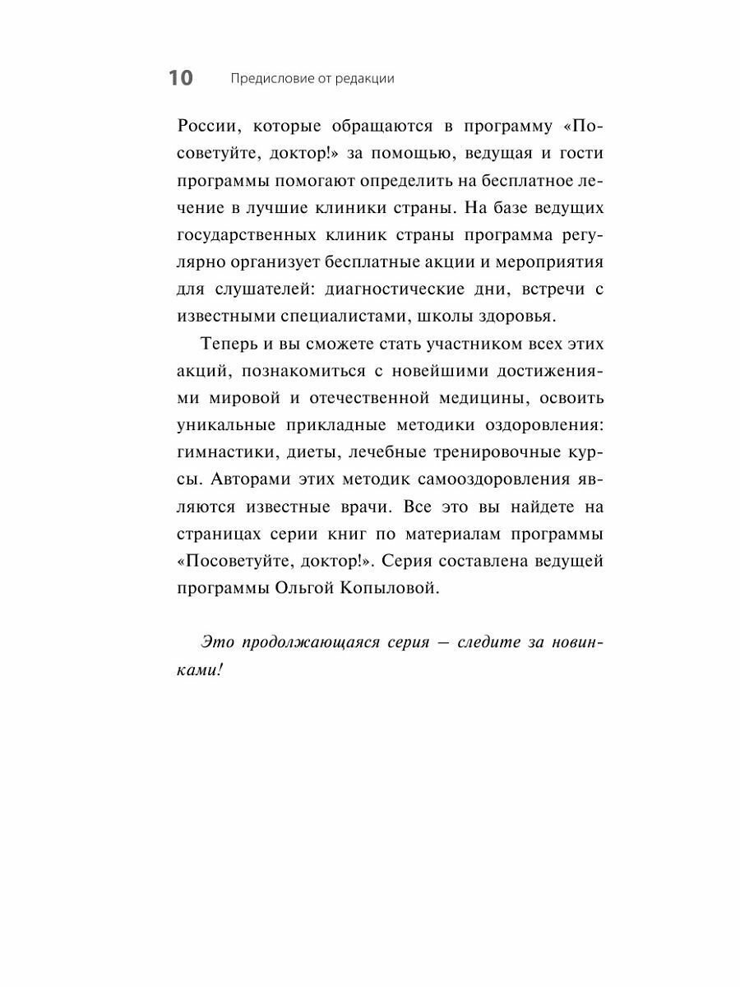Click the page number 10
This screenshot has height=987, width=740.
(181, 78)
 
